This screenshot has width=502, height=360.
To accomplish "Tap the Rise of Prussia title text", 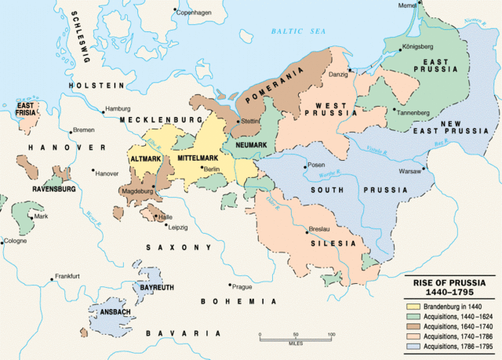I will [449, 286].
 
